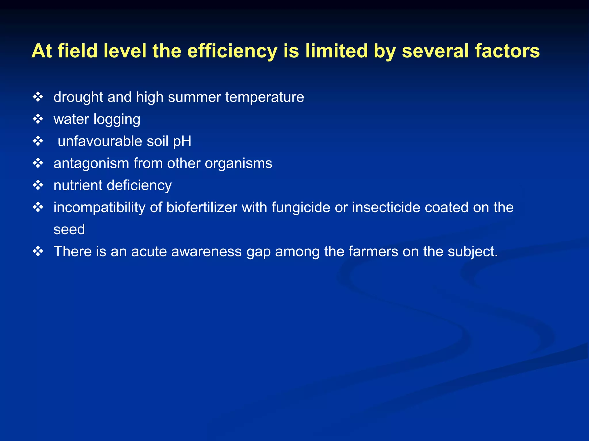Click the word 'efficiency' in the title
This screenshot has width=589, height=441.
pos(232,51)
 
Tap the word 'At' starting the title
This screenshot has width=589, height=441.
pos(42,51)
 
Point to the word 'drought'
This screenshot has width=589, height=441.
pos(78,97)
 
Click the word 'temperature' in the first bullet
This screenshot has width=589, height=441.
pos(265,97)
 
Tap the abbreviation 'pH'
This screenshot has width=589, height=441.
pos(182,141)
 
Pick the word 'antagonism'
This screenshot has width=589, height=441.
pos(91,163)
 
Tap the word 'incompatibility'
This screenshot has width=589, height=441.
pos(99,207)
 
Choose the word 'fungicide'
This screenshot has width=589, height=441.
pos(301,207)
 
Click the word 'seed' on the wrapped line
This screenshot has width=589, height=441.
pos(69,229)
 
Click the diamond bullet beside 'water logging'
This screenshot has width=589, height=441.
pos(38,119)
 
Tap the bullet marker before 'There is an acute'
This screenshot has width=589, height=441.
pos(38,251)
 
